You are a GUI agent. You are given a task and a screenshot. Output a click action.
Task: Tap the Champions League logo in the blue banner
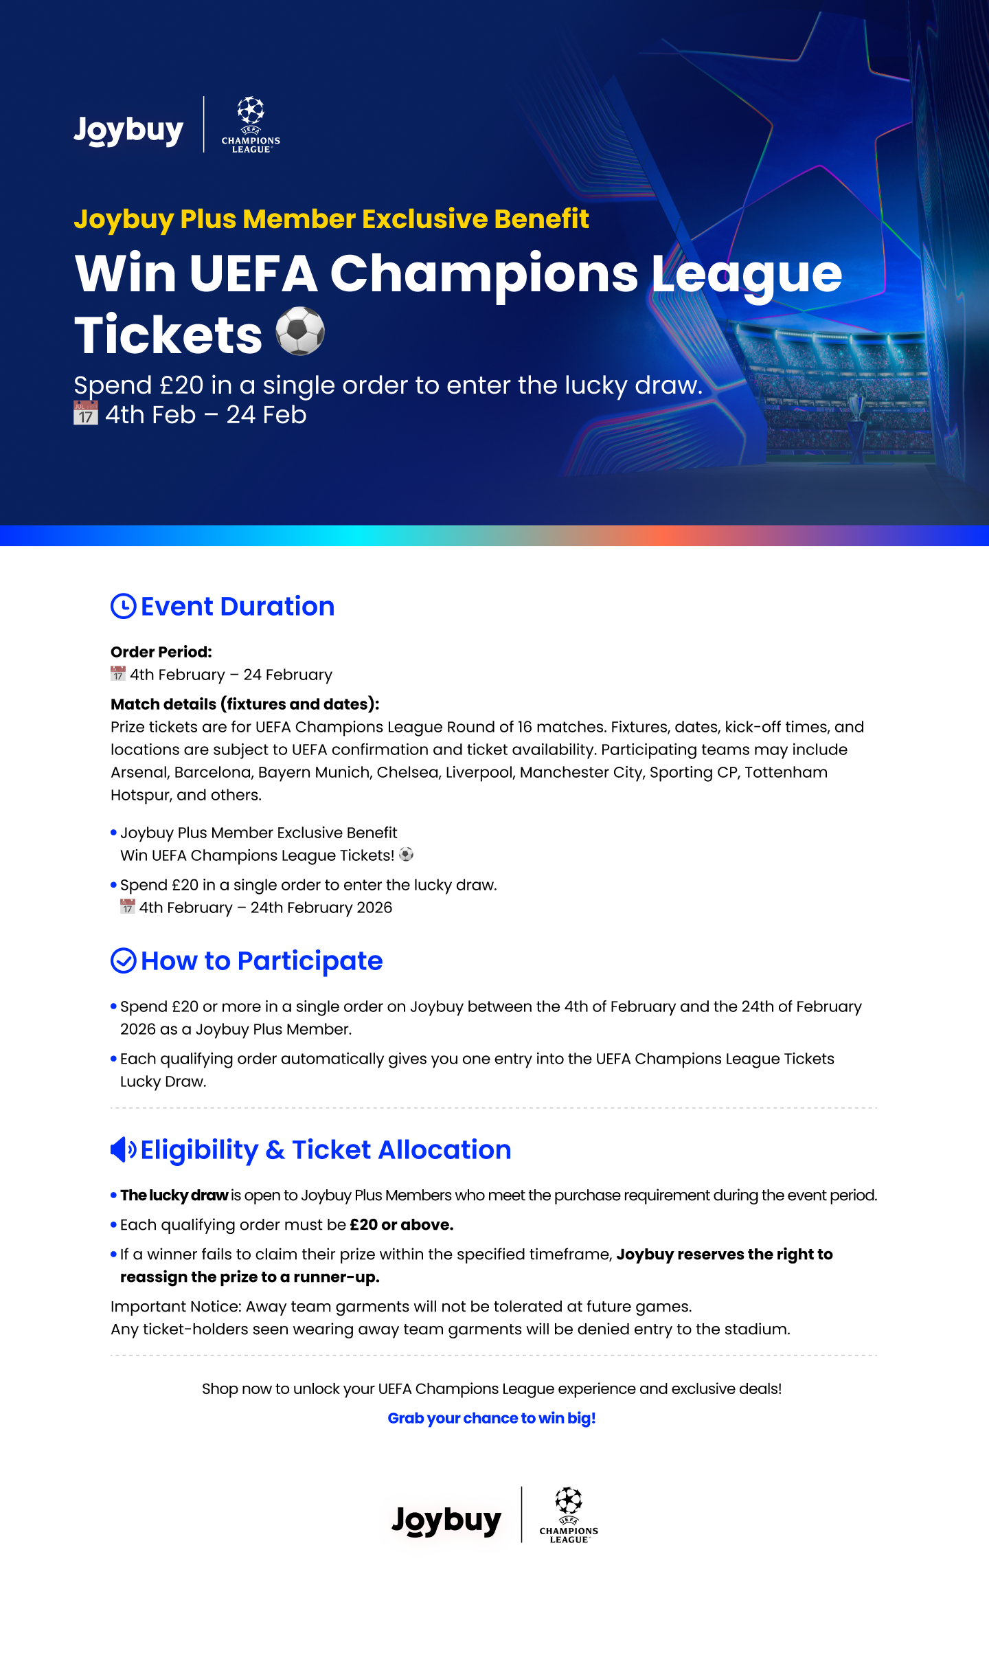click(x=251, y=124)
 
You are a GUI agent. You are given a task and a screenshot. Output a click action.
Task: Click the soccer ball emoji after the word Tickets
click(x=300, y=331)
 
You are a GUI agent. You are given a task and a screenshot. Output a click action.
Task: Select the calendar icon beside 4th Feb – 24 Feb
click(x=86, y=414)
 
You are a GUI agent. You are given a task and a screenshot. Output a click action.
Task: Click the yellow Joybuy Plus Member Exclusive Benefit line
click(x=331, y=218)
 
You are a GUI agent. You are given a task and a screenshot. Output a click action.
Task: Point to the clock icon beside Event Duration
click(x=124, y=606)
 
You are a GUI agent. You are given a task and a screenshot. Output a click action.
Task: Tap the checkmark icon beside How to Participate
click(x=124, y=960)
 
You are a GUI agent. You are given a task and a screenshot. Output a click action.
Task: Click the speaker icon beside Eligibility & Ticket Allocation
click(x=123, y=1149)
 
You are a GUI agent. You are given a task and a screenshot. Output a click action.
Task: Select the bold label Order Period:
click(x=161, y=651)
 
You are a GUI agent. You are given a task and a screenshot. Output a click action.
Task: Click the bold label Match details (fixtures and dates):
click(x=245, y=704)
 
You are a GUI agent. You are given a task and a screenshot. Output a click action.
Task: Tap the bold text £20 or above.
click(x=402, y=1224)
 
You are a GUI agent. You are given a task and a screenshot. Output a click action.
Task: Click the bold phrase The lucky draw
click(x=174, y=1195)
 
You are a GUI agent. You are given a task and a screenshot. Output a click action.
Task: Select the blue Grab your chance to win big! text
click(x=492, y=1418)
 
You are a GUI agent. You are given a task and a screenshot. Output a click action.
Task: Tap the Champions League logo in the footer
click(x=569, y=1515)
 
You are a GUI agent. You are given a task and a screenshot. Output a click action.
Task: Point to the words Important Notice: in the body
click(x=176, y=1306)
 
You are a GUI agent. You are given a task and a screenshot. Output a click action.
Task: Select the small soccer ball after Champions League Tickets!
click(x=407, y=855)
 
